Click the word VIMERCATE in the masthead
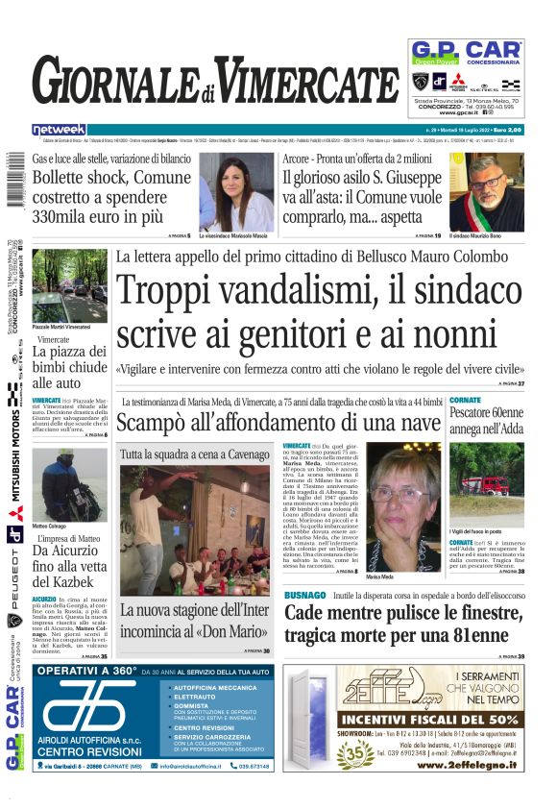point(305,81)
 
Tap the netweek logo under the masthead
point(59,129)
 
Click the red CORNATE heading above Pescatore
point(466,400)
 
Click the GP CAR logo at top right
point(465,53)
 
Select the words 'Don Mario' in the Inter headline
point(233,635)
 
